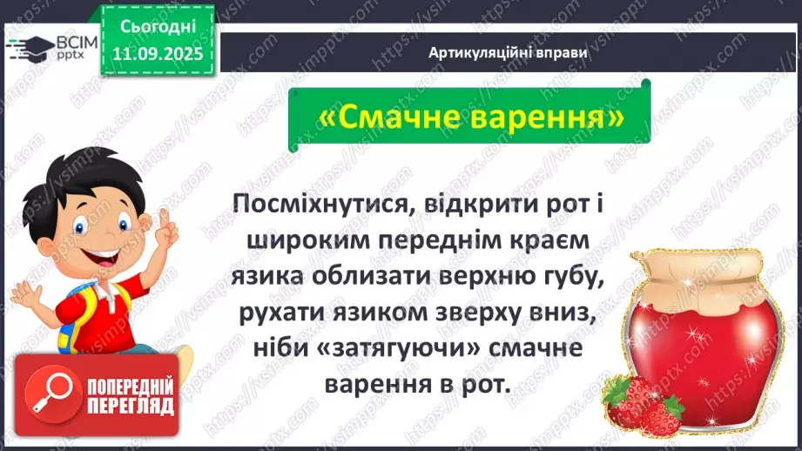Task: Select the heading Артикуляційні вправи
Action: [508, 52]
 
